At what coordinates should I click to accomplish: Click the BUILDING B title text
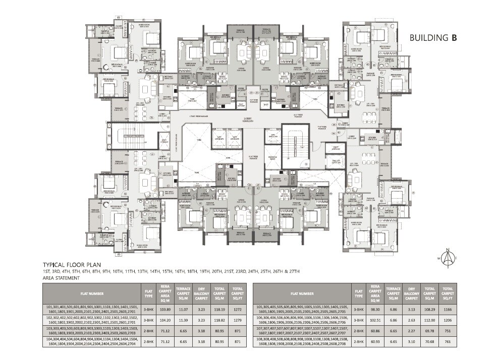(x=433, y=37)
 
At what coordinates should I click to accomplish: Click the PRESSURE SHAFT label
(x=272, y=157)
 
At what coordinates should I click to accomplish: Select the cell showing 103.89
(x=164, y=309)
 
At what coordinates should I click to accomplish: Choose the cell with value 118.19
(x=220, y=309)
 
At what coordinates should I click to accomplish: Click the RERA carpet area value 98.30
(x=373, y=309)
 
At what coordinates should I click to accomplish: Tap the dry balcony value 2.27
(x=411, y=331)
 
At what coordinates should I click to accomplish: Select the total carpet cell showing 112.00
(x=429, y=320)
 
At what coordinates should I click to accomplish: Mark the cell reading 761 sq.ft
(x=447, y=341)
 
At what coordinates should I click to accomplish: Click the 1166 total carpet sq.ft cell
(x=447, y=309)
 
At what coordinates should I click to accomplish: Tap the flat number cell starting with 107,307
(x=301, y=331)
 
